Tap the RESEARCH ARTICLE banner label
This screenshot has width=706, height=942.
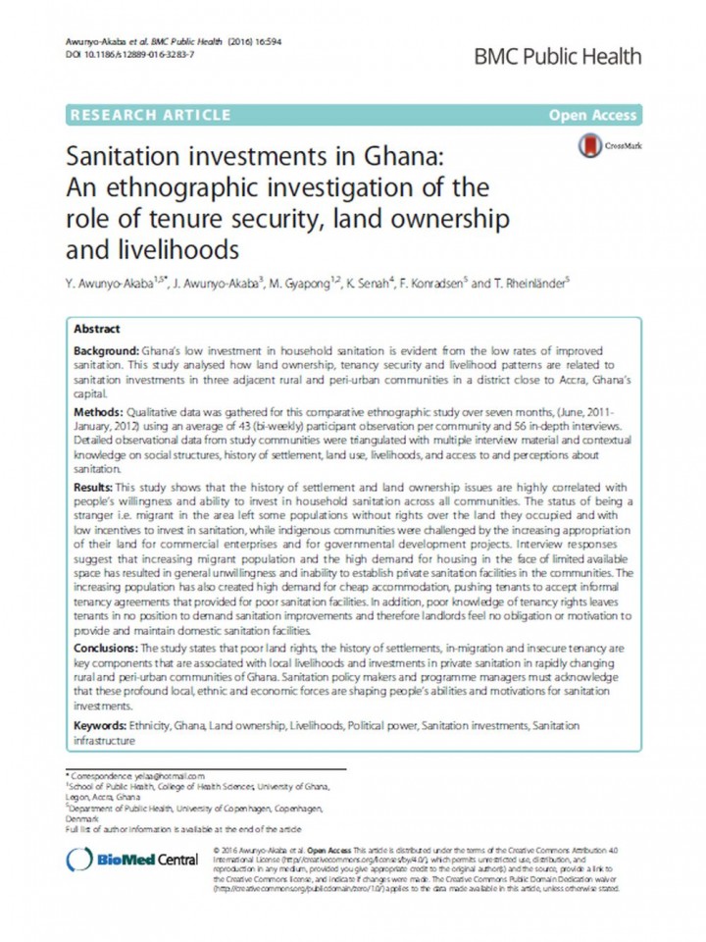click(x=150, y=116)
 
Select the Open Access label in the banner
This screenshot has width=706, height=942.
click(x=593, y=116)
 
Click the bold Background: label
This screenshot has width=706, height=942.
click(x=110, y=350)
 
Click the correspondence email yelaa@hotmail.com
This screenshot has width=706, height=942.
click(x=171, y=775)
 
